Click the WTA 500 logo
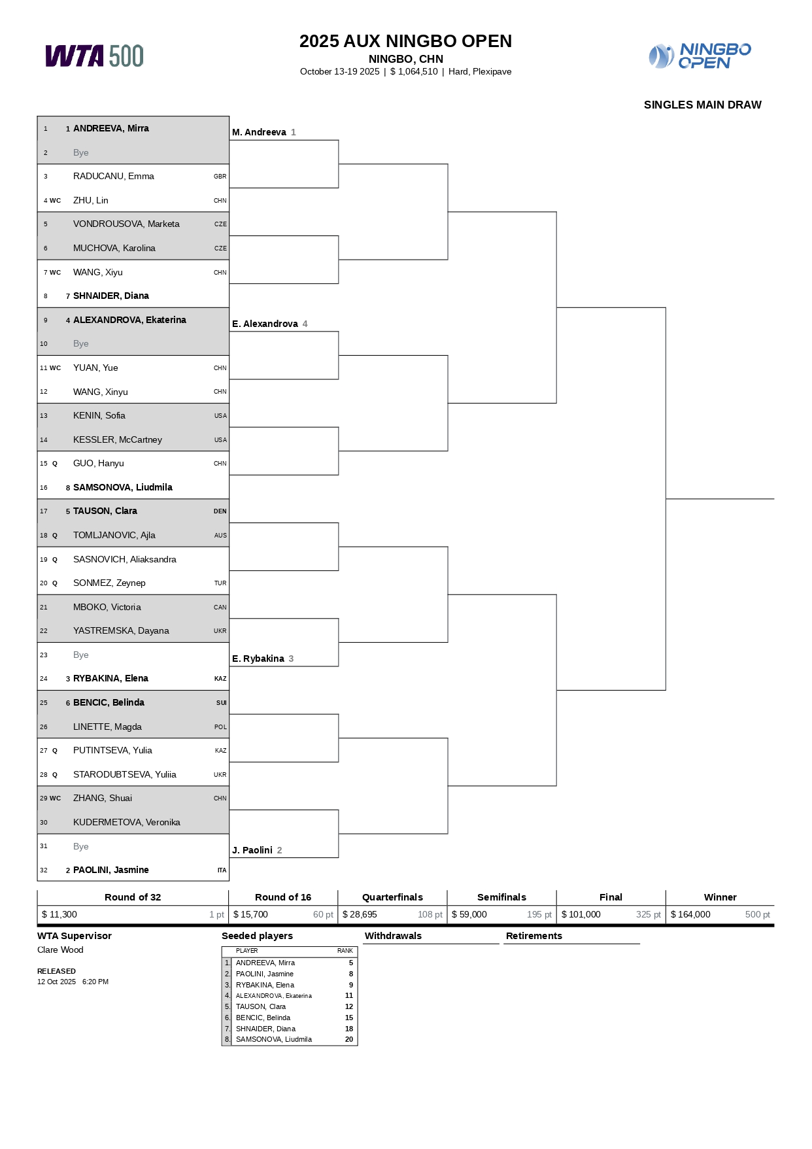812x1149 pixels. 94,56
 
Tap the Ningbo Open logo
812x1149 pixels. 700,56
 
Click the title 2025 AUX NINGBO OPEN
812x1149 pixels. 405,41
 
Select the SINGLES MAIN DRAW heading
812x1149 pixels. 702,105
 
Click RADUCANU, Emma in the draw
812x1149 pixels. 113,176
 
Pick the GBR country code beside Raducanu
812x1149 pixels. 220,177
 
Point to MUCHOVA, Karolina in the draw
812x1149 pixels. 114,248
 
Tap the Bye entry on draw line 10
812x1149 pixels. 80,343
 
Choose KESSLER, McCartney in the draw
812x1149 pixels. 117,439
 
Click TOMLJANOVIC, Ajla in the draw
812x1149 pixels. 114,535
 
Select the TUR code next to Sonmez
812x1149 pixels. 220,583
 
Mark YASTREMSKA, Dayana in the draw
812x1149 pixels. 121,630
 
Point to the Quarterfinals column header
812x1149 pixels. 392,897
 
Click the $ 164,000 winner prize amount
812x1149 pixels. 690,914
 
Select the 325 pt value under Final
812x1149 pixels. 648,914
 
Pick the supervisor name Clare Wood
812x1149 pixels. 60,950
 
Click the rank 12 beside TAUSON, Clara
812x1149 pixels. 349,1006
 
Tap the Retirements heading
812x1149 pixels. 533,936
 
